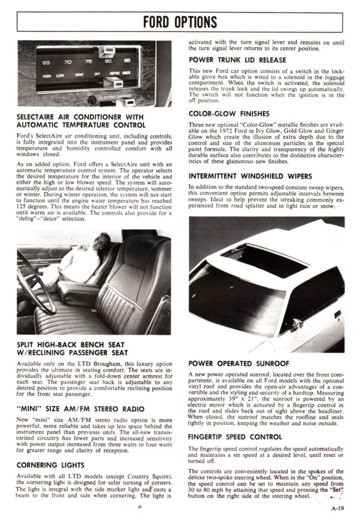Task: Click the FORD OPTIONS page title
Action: (x=180, y=22)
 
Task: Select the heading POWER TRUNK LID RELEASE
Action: (x=237, y=60)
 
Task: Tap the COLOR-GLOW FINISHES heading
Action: (x=229, y=114)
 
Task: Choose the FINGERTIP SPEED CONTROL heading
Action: (x=235, y=437)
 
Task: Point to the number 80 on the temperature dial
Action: (x=108, y=61)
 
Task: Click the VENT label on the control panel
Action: (x=79, y=75)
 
